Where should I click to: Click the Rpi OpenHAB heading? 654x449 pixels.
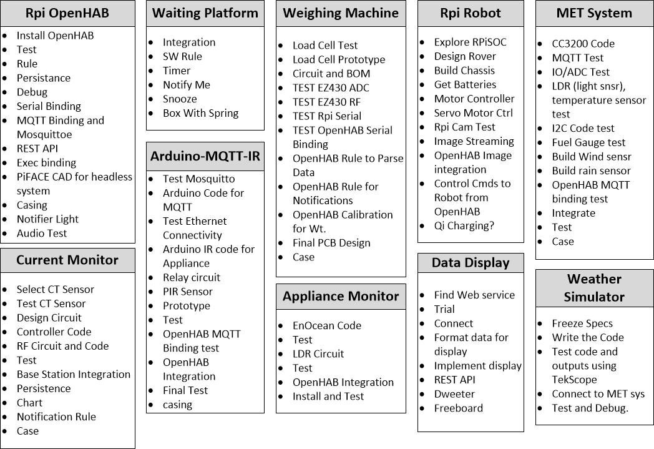click(x=67, y=13)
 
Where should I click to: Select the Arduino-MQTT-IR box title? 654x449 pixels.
click(x=205, y=156)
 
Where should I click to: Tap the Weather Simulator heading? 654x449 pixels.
click(x=594, y=287)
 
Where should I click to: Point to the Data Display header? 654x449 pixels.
click(x=471, y=263)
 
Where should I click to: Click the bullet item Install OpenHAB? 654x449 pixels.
click(x=55, y=36)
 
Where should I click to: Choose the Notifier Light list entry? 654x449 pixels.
click(x=47, y=219)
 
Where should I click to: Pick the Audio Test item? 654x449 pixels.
click(x=41, y=234)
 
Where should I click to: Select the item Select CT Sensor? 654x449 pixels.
click(x=55, y=290)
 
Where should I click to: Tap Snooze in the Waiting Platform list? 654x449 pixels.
click(x=180, y=99)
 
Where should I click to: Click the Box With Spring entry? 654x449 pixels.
click(x=200, y=114)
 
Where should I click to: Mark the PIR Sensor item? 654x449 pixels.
click(x=187, y=292)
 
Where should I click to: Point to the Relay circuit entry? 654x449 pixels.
click(x=191, y=277)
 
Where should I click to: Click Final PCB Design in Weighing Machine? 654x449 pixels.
click(x=331, y=243)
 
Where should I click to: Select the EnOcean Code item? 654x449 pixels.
click(x=327, y=325)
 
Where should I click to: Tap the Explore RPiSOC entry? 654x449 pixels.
click(x=470, y=42)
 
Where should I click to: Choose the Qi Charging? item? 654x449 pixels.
click(x=464, y=226)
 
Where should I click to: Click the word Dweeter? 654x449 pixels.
click(x=454, y=394)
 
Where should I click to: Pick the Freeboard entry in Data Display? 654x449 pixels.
click(x=458, y=408)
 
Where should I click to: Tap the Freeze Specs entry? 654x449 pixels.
click(x=582, y=323)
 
